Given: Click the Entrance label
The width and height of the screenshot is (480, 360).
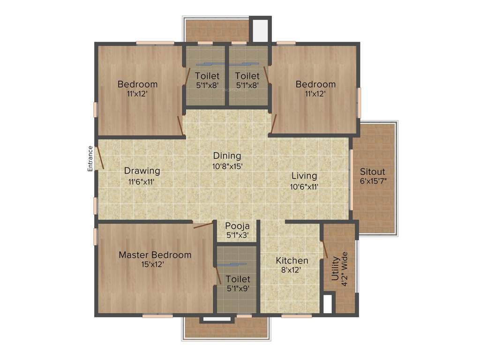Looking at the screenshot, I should pos(90,158).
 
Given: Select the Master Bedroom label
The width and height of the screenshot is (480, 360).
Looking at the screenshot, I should pos(155,255).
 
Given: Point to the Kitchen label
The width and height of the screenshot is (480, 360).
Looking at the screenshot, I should pos(292,261).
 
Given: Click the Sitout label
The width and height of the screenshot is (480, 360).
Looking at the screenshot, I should pos(373,172).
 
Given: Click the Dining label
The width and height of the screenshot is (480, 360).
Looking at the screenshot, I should pos(227,156).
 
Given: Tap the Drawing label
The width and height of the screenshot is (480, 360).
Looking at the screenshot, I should pos(142,171).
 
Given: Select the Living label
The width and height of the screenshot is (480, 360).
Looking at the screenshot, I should pos(304,176).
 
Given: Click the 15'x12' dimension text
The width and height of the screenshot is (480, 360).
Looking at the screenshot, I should pos(152,264).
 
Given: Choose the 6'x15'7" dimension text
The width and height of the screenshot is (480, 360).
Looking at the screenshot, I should pos(373,181).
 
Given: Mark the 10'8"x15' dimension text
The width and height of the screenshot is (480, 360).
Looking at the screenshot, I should pos(227,165).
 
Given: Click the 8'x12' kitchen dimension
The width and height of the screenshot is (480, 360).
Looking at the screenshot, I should pos(291,270).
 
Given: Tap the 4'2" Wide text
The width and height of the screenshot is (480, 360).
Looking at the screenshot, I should pos(345,266).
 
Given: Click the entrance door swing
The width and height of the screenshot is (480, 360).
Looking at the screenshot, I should pos(99,158).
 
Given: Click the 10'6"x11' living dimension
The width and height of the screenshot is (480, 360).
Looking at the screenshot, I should pos(304,186).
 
